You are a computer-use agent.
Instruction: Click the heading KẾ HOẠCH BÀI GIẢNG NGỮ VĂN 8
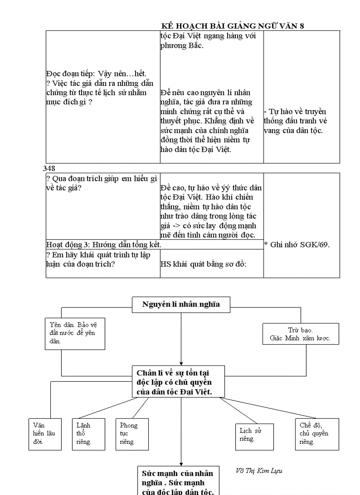click(x=232, y=26)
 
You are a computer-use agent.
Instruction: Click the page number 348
click(x=49, y=168)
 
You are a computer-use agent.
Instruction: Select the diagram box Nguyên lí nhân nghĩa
click(x=181, y=304)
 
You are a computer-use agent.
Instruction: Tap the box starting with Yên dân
click(x=75, y=334)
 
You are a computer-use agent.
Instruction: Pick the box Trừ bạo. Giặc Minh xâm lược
click(x=300, y=334)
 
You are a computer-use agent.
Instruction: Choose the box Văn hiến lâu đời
click(x=45, y=434)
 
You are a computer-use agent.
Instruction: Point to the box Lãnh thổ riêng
click(x=88, y=434)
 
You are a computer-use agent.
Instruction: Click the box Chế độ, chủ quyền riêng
click(x=317, y=434)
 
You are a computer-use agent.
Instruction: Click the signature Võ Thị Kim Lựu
click(x=259, y=471)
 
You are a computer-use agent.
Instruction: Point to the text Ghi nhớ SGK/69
click(x=296, y=244)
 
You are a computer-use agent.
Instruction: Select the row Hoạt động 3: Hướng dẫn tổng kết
click(x=104, y=244)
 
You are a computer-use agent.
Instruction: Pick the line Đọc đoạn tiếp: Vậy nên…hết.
click(x=96, y=73)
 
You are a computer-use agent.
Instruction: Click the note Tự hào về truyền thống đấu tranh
click(x=296, y=121)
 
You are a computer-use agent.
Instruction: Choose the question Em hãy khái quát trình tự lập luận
click(x=97, y=259)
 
